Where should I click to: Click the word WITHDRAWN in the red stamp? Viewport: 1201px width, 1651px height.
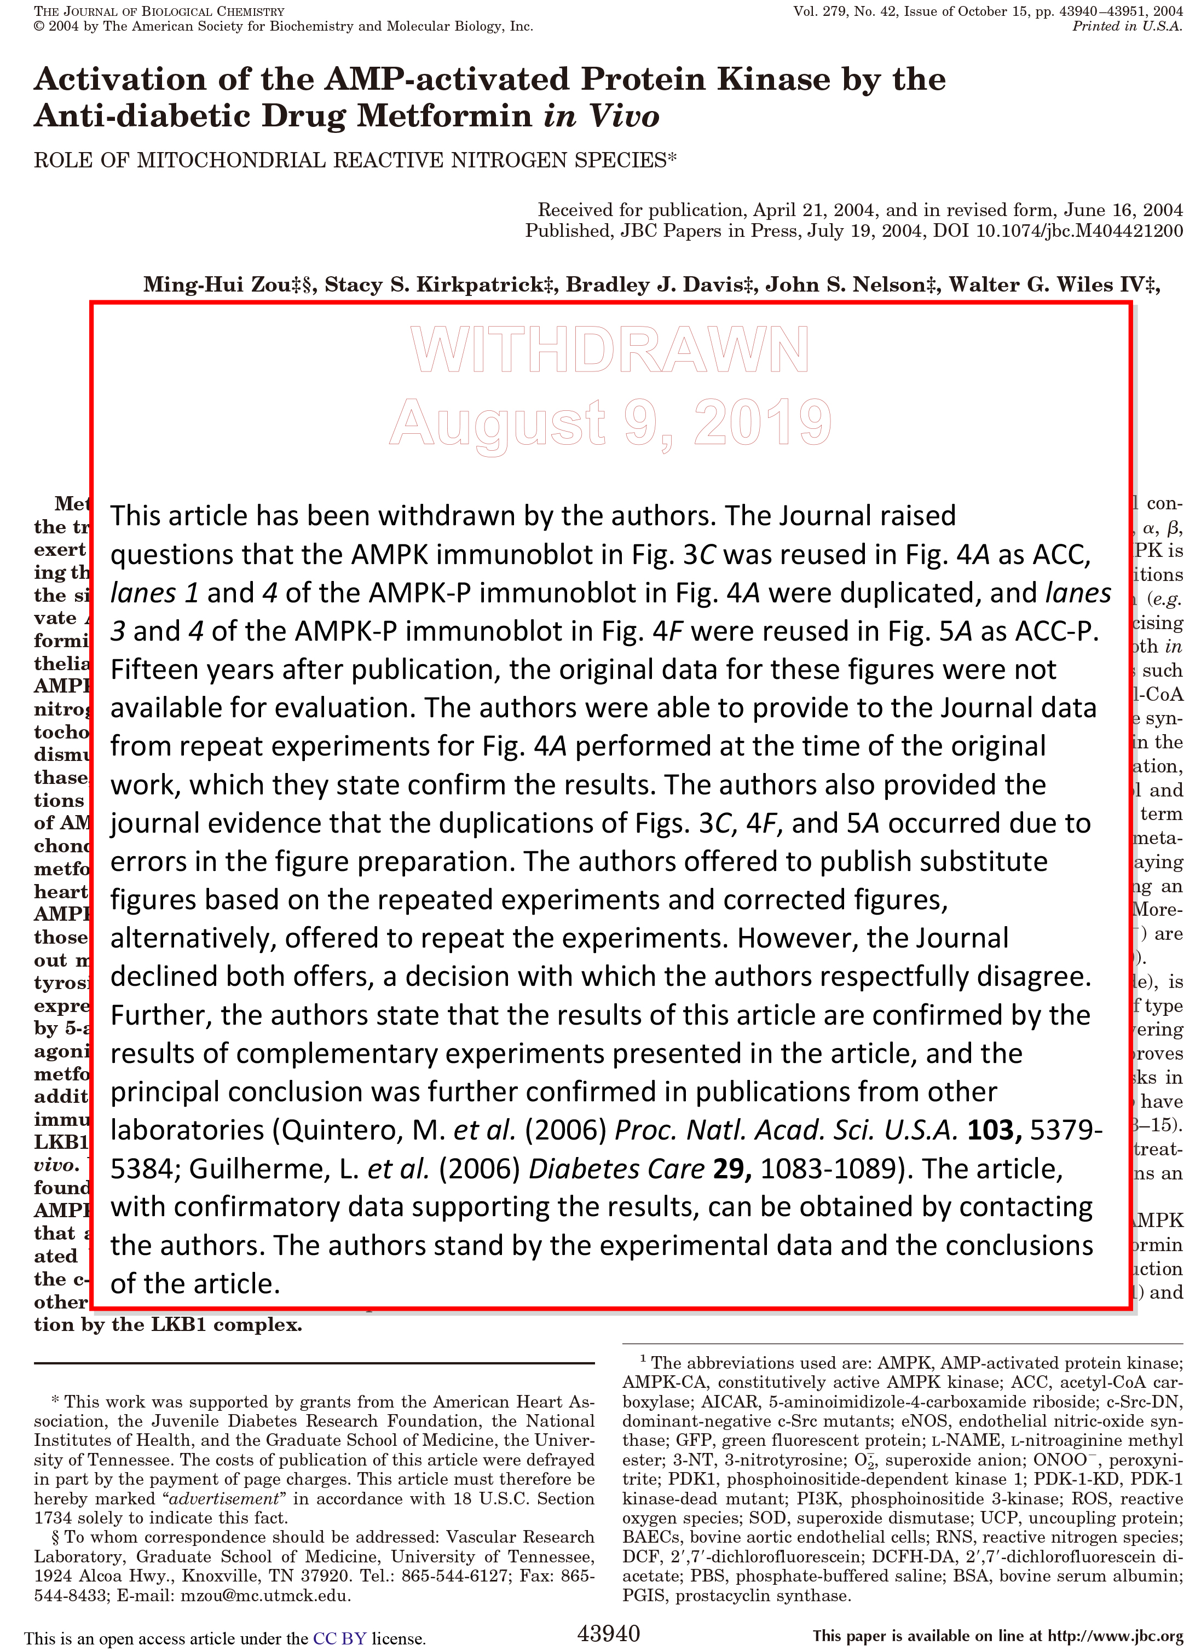click(610, 350)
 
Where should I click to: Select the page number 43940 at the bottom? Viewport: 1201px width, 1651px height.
click(608, 1633)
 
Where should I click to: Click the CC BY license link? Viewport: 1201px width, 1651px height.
click(339, 1638)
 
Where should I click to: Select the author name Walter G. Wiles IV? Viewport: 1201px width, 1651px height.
click(1048, 284)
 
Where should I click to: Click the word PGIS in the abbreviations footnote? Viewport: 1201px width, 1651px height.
click(646, 1596)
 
